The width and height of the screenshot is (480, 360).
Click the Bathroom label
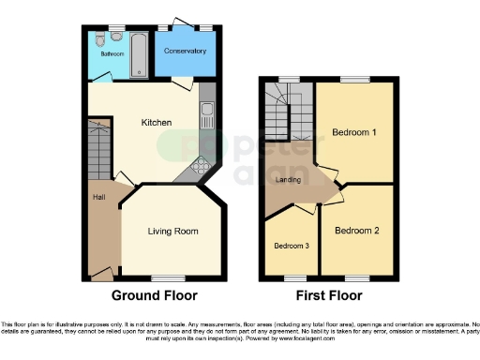[105, 53]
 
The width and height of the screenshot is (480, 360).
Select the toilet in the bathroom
[114, 37]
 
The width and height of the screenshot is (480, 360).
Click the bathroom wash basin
[98, 38]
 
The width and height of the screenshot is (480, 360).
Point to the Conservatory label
[185, 50]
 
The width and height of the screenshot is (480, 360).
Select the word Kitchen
[157, 123]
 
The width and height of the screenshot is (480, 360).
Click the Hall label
[97, 197]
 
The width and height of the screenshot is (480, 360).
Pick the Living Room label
[173, 231]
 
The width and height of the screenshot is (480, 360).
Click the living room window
[168, 277]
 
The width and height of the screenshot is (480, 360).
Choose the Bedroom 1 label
[354, 132]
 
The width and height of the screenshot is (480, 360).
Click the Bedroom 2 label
[357, 230]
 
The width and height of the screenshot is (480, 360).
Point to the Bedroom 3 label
[291, 246]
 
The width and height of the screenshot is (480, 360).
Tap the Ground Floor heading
[155, 296]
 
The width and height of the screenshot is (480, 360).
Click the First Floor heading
[328, 296]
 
